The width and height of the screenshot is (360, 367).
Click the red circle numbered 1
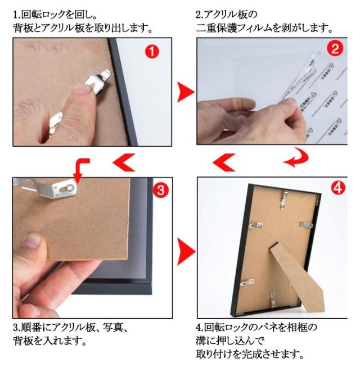coord(152,52)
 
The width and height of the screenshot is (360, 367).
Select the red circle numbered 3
coord(161,190)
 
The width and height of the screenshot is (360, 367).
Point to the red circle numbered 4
coord(338,188)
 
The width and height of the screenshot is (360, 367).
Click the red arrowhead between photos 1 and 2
coord(185,92)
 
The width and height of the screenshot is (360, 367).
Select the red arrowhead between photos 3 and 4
coord(186,252)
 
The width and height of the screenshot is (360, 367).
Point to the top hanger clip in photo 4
coord(284,200)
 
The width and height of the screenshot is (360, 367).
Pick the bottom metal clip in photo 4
coord(273,299)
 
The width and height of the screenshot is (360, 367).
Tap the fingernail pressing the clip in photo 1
coord(80,89)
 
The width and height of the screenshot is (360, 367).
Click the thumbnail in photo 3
coord(30,241)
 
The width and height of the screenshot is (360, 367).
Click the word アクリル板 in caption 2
coord(226,15)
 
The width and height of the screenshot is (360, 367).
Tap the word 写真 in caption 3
coord(113,327)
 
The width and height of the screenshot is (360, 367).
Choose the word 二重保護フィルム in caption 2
coord(234,28)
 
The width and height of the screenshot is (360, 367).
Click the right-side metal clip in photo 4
coord(306,225)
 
